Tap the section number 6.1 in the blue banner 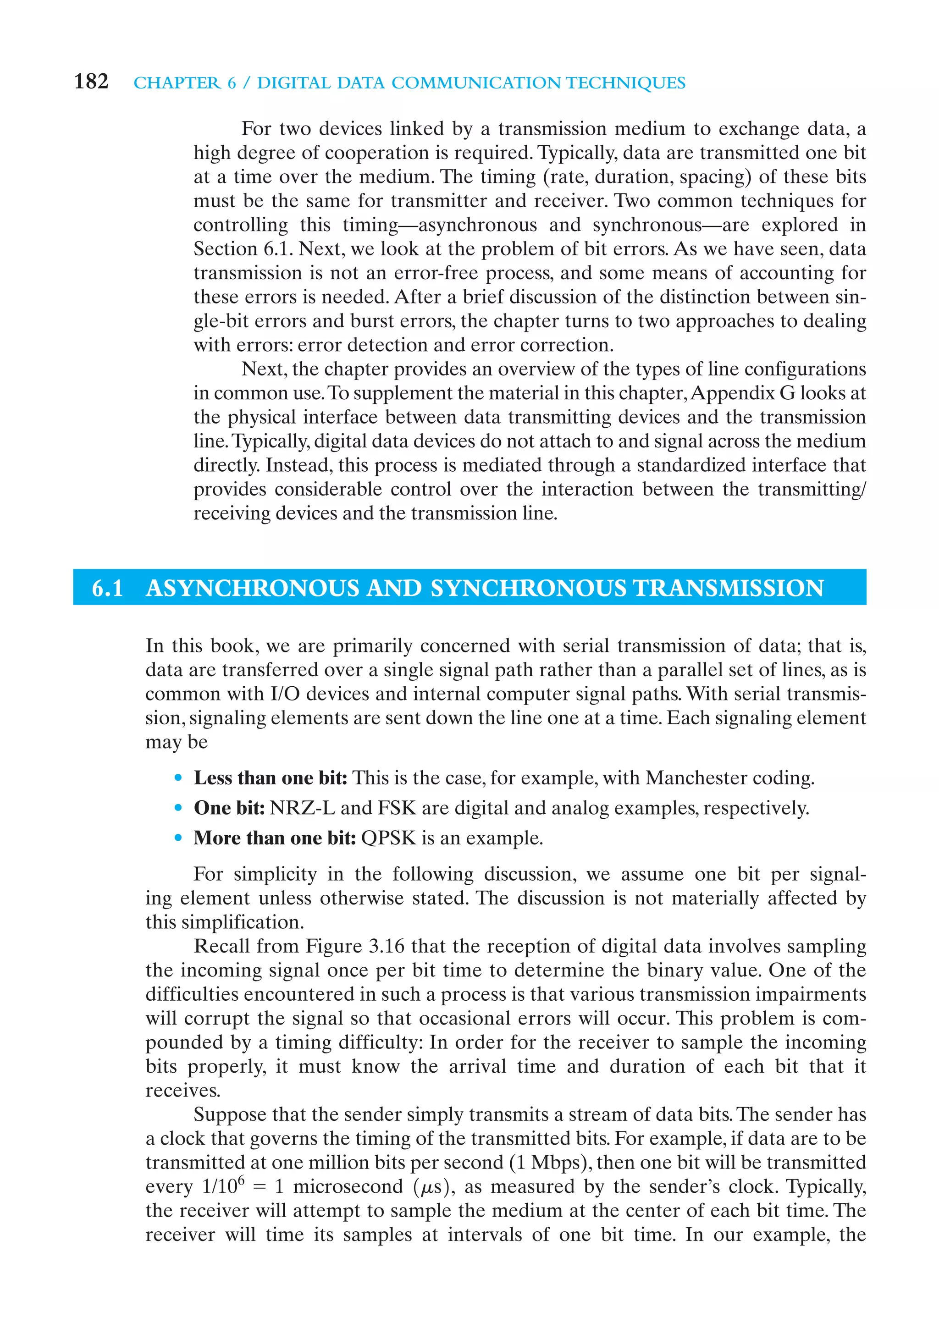tap(107, 588)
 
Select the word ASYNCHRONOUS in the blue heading tap(252, 588)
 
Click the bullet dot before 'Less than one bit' tap(178, 778)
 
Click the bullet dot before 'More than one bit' tap(178, 838)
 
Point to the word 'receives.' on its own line tap(182, 1090)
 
